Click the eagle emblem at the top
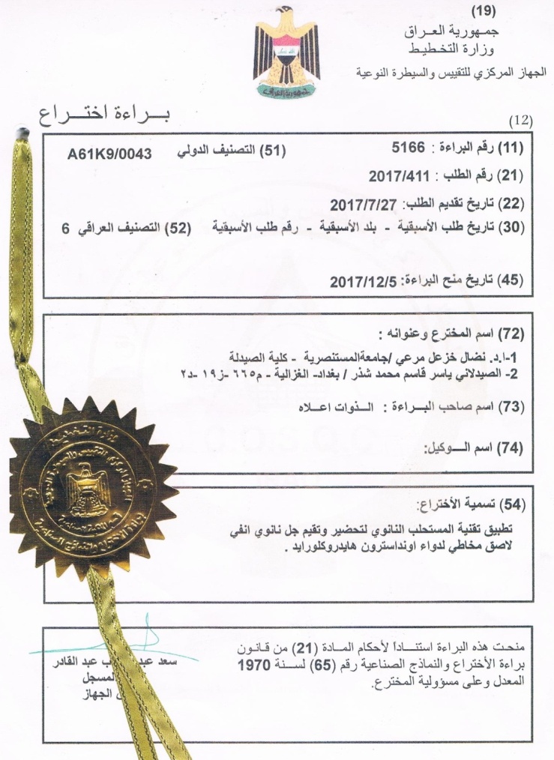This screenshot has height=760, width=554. point(287,54)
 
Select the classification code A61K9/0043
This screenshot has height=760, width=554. point(109,153)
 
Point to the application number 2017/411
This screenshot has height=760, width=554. point(398,177)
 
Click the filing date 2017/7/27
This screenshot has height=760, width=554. point(366,203)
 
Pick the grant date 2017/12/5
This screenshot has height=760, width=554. point(363,280)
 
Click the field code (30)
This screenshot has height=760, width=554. point(512,226)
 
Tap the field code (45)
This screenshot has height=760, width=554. point(511,280)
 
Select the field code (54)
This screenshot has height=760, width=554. point(511,501)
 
